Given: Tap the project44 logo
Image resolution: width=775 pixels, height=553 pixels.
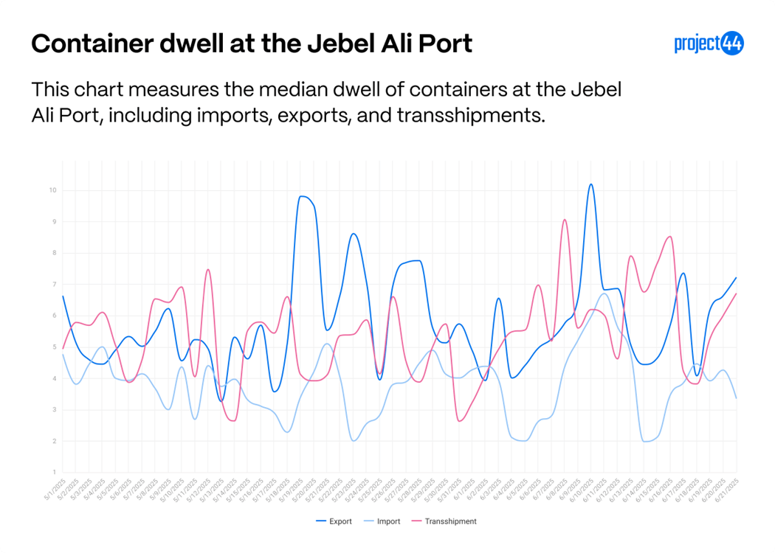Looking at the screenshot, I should point(709,44).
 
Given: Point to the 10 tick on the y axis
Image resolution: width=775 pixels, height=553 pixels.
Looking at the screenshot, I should point(53,190).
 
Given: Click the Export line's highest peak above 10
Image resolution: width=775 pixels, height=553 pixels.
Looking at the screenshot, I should point(590,184).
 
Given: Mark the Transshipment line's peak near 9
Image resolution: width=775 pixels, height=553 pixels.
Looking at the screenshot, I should point(564,220).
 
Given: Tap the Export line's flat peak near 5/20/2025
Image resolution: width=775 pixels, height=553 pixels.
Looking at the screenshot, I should point(303,197).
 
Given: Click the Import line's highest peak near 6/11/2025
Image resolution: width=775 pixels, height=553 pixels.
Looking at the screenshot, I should point(604,293).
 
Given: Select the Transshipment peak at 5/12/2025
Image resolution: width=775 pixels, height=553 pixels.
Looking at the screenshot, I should point(208,270).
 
